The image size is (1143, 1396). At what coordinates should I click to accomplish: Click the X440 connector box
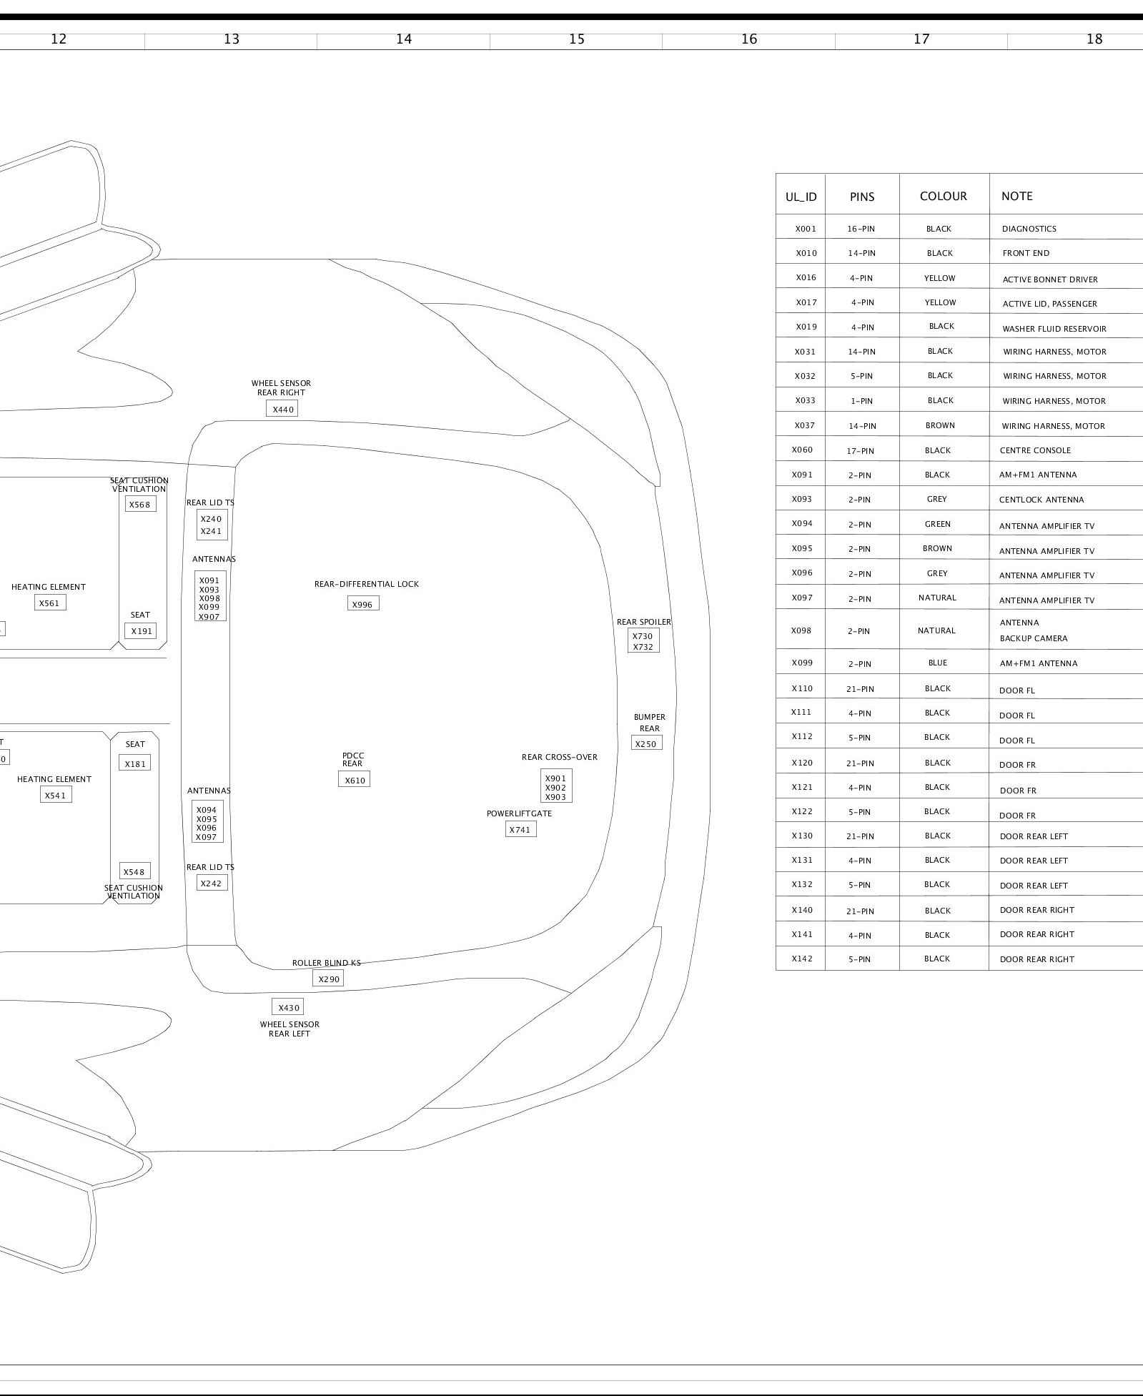(x=282, y=409)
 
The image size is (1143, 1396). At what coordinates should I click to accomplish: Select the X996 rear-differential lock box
(x=363, y=604)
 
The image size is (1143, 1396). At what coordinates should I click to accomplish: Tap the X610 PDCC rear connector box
(x=355, y=780)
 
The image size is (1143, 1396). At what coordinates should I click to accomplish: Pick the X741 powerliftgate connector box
(x=520, y=829)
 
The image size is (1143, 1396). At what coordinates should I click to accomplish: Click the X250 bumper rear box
(x=646, y=743)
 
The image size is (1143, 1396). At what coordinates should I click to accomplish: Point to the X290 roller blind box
(x=328, y=979)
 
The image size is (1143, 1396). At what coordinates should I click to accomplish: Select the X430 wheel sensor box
(x=288, y=1007)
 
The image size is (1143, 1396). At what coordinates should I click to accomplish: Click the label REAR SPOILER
(x=644, y=622)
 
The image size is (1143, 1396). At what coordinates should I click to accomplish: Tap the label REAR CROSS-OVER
(x=559, y=757)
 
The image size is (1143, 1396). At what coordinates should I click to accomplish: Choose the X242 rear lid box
(x=211, y=883)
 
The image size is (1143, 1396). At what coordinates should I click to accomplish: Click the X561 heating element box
(x=49, y=603)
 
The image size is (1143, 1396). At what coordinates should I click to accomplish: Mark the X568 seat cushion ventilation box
(x=140, y=504)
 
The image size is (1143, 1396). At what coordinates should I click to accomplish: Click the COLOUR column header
(x=943, y=196)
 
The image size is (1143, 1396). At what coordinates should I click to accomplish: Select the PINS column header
(x=862, y=197)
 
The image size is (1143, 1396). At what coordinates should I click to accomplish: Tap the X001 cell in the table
(x=805, y=229)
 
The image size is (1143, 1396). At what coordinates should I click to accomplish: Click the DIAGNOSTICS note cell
(x=1029, y=229)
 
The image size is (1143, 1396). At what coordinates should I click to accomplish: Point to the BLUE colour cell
(x=937, y=663)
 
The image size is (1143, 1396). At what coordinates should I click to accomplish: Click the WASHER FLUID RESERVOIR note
(x=1054, y=329)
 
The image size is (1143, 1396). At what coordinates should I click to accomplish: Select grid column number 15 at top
(x=576, y=39)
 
